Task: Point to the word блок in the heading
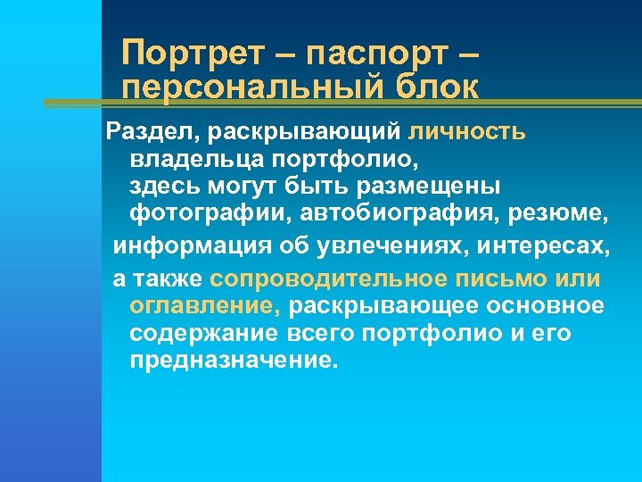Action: coord(435,87)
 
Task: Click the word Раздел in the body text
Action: coord(145,133)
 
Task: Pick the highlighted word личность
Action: coord(467,133)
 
